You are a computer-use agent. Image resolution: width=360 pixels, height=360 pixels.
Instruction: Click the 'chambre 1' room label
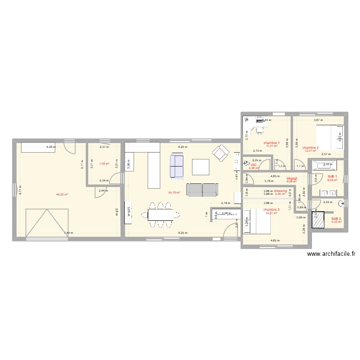(271, 143)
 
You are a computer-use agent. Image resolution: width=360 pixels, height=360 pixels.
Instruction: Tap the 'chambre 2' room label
(311, 147)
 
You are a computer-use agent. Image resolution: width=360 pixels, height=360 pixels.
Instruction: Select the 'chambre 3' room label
(271, 209)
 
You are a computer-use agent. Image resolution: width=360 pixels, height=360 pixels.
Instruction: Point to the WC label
(254, 165)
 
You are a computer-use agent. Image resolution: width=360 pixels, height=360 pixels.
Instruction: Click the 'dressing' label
(280, 191)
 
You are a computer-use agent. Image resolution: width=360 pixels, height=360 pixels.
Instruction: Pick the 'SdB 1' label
(332, 176)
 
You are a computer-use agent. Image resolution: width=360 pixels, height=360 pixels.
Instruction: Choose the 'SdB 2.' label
(336, 219)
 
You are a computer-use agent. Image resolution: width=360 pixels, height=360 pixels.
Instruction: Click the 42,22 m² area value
(62, 194)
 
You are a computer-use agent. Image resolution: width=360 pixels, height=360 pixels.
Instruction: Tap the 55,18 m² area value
(174, 193)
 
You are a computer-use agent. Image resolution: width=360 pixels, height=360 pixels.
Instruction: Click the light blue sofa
(177, 166)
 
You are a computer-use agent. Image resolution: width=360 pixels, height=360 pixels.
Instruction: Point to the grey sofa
(202, 190)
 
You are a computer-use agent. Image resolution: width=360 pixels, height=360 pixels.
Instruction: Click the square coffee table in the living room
(201, 167)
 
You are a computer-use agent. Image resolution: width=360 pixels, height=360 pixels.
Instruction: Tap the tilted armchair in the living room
(221, 153)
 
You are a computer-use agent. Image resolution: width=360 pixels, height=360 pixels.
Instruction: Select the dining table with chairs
(160, 215)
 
